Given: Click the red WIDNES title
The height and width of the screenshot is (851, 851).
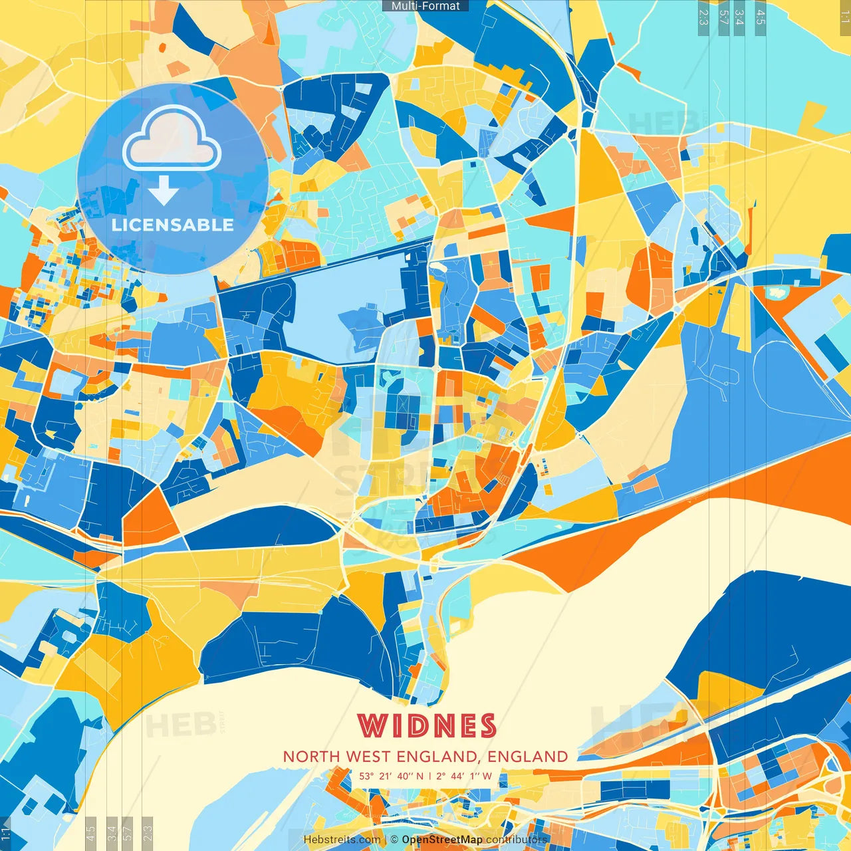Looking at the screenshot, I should coord(427,725).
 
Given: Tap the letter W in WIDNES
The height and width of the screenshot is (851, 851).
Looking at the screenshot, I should coord(372,725).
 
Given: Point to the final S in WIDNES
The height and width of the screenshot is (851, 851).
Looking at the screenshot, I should coord(487,725).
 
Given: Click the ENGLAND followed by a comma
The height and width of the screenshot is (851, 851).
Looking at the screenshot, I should coord(440,757).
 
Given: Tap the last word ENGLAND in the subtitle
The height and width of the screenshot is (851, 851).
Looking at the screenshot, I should coord(528,757).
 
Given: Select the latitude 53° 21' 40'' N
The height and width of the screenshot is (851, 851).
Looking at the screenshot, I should coord(391,776).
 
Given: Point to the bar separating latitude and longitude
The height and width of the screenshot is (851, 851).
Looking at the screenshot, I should coord(430,776).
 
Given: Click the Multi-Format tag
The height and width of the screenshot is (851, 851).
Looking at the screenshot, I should coord(425,6).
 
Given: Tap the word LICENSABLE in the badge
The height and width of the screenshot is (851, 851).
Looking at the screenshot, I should coord(173,225).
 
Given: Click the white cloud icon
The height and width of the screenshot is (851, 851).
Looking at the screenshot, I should coord(172,138).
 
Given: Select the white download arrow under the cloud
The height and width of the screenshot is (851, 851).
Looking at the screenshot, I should coord(164,191).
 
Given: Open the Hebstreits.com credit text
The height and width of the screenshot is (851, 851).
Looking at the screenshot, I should coord(342,840).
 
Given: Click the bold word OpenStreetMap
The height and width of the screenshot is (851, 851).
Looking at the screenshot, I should coord(442,840).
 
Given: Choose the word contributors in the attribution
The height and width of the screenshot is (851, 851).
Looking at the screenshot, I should coord(517,840).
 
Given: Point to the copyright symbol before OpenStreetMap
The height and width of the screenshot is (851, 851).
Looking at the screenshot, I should coord(394,840).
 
